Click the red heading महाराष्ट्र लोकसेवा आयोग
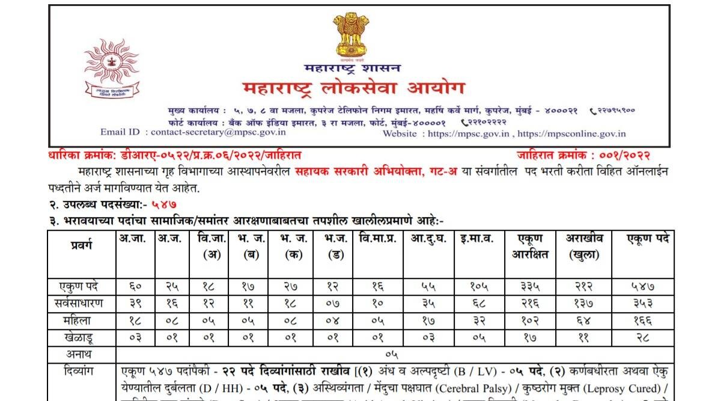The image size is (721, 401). pos(354,89)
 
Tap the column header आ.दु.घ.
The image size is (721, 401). pos(428,239)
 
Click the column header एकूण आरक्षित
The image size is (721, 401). pos(530,246)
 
